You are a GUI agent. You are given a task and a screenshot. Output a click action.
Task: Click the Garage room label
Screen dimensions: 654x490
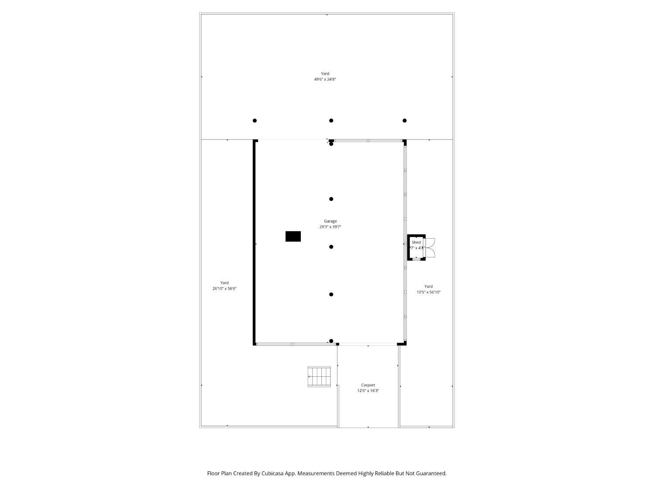[x=330, y=221]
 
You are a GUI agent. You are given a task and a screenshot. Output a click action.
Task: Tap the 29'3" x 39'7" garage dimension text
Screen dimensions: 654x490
[x=330, y=227]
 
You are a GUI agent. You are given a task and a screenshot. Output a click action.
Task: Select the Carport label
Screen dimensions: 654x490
[x=368, y=385]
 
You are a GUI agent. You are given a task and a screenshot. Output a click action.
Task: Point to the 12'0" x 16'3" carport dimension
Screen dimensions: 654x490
[x=368, y=391]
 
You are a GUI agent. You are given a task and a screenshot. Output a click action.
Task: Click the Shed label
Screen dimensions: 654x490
[x=416, y=242]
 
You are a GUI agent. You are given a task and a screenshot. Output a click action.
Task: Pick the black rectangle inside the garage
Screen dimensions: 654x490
[x=293, y=237]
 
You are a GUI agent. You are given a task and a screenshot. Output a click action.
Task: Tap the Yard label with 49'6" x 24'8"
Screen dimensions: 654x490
[x=325, y=74]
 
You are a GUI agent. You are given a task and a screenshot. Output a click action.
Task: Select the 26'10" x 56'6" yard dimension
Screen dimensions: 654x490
[x=224, y=289]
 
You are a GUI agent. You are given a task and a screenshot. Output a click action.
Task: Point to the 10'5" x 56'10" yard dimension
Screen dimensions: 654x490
[x=428, y=292]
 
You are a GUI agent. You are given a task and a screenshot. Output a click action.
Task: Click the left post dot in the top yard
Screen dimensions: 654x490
[x=255, y=121]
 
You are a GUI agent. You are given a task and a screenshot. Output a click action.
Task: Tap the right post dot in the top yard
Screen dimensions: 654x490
[x=405, y=121]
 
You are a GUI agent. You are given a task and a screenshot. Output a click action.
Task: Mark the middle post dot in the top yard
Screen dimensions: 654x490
[x=331, y=121]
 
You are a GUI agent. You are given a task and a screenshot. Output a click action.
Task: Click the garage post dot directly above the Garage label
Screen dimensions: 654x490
[x=331, y=199]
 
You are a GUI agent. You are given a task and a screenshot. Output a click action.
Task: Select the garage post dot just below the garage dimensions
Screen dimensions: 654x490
[x=331, y=247]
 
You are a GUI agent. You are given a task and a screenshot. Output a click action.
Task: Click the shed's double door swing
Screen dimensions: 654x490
[x=430, y=247]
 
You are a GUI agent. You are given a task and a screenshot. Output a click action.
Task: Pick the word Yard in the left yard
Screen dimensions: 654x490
[x=224, y=283]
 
